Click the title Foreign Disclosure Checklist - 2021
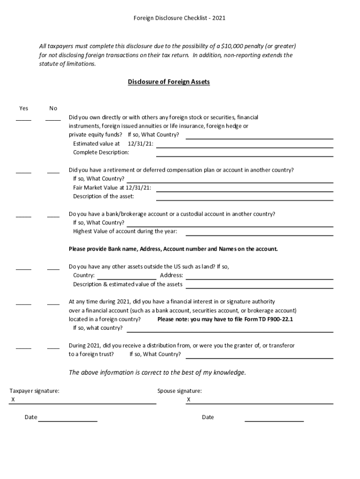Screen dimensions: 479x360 point(180,18)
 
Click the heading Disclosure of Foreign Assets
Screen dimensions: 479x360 point(169,82)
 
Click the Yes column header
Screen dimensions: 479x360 point(23,109)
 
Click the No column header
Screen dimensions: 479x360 point(53,109)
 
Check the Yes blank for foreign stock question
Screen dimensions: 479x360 point(23,119)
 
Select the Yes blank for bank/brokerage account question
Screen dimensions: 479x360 point(23,216)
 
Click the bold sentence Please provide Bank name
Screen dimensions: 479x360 point(173,249)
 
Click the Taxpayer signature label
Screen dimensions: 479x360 point(35,391)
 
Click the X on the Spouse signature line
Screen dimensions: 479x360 point(189,400)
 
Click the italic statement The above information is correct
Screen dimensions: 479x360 point(157,373)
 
